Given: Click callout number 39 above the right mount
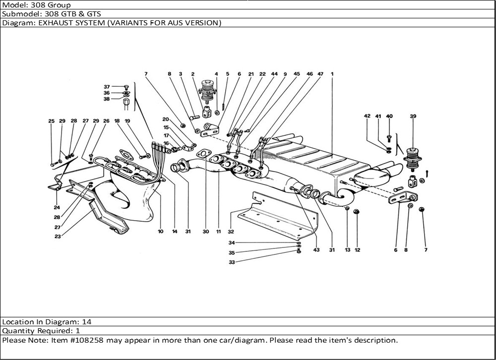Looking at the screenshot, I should (413, 116).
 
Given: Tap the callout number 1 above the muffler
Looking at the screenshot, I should (332, 74).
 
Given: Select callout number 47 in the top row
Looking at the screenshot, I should (320, 74).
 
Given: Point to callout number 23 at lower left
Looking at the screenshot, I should (58, 237).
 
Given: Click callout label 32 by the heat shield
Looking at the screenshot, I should (231, 232).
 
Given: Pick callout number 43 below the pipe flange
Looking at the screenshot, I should (316, 250).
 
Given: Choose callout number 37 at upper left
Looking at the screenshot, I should (107, 86).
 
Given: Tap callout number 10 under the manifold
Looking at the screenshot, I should (161, 232).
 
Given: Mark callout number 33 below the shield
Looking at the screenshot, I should (232, 262).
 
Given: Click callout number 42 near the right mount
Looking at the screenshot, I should (367, 116).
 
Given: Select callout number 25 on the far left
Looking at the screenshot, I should (51, 121).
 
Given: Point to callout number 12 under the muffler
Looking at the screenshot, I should (357, 250).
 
